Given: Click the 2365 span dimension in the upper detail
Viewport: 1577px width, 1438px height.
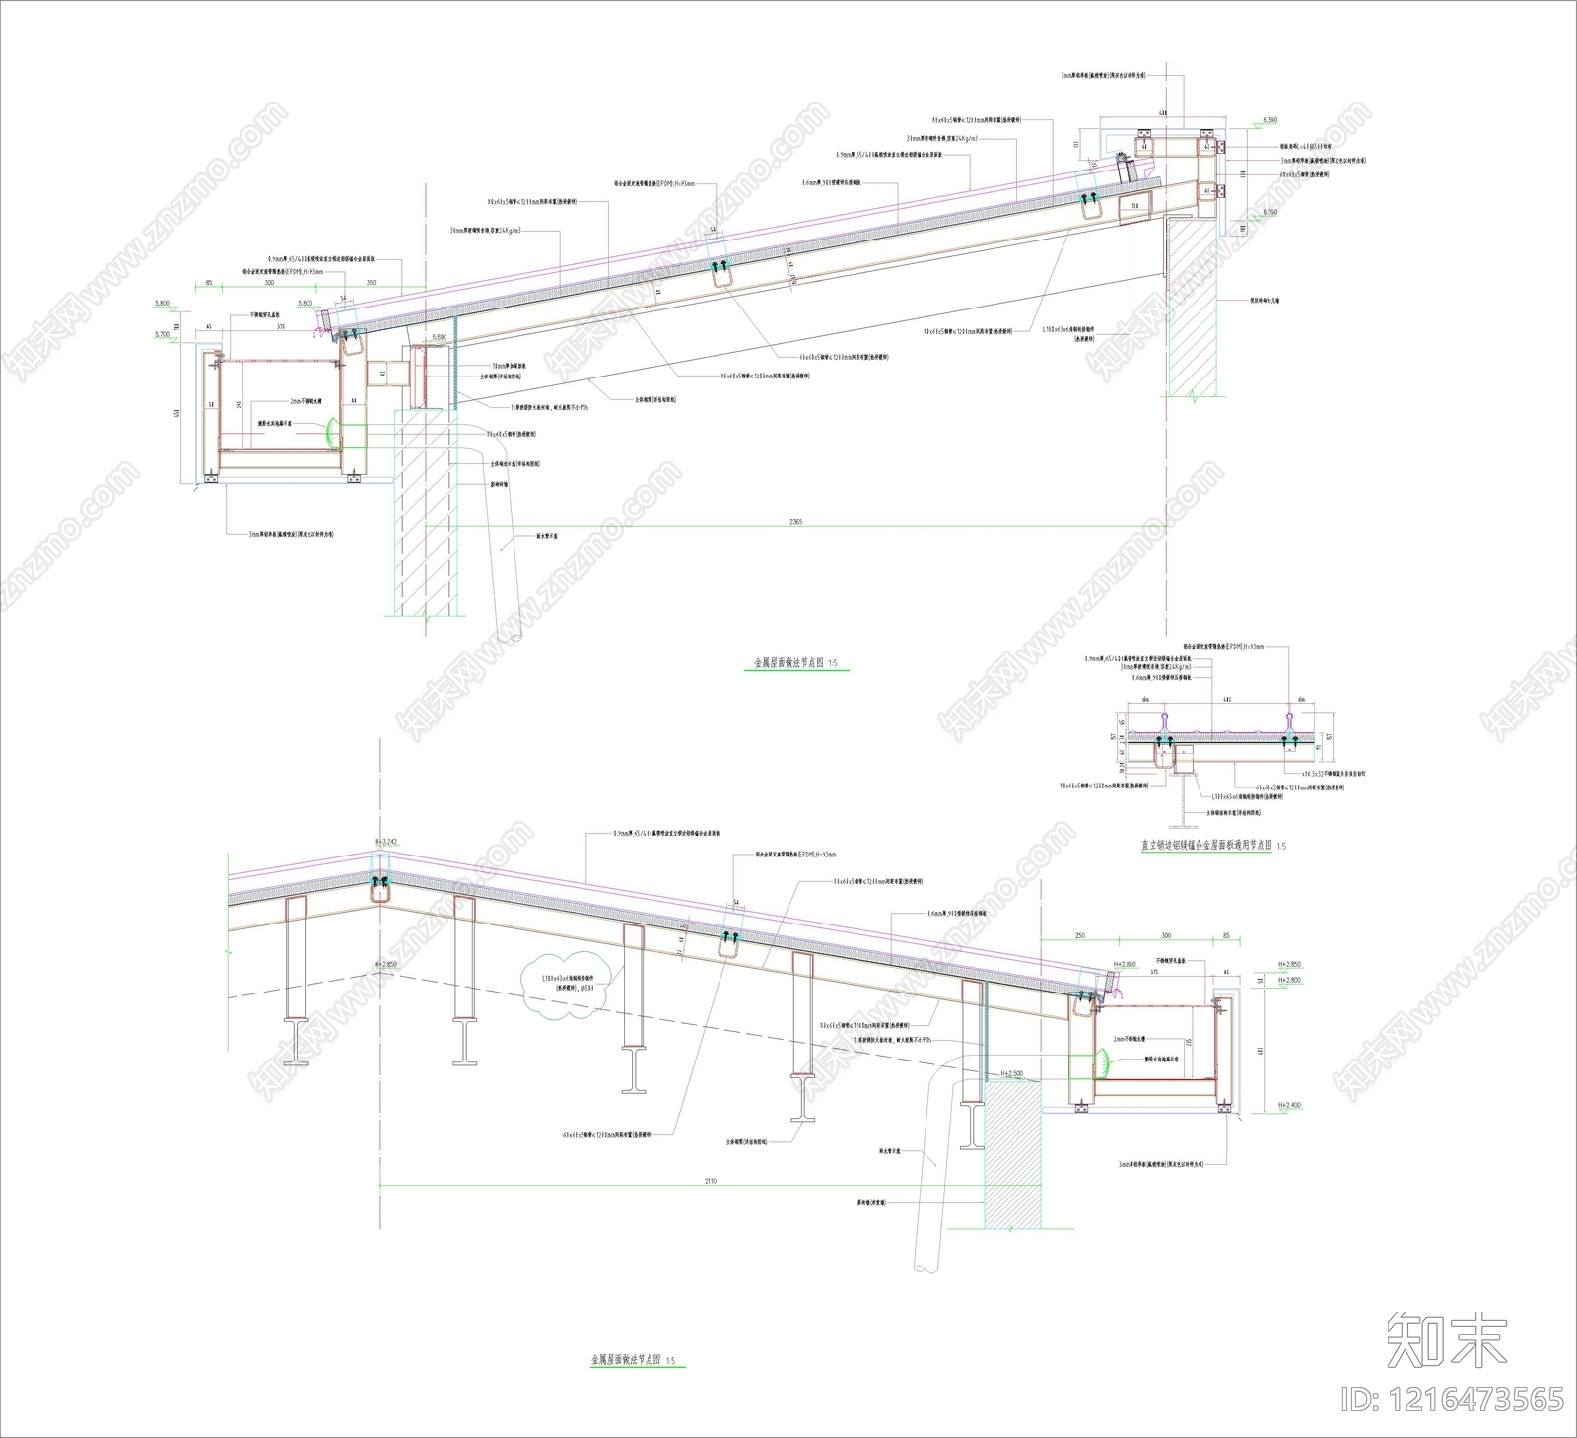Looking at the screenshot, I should pyautogui.click(x=796, y=522).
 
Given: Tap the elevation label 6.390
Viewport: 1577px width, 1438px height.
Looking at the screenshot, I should pyautogui.click(x=1269, y=120).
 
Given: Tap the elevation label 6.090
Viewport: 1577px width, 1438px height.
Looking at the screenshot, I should pyautogui.click(x=1269, y=212).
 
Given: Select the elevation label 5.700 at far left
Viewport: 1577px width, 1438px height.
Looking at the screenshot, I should pyautogui.click(x=163, y=335).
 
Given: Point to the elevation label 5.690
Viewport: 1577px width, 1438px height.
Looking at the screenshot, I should pyautogui.click(x=440, y=337).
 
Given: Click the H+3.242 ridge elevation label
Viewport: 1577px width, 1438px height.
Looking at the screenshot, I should pyautogui.click(x=385, y=842).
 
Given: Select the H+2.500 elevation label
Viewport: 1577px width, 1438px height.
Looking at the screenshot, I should pyautogui.click(x=1011, y=1073).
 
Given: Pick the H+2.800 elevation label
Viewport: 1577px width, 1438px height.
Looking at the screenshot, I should pyautogui.click(x=1289, y=981).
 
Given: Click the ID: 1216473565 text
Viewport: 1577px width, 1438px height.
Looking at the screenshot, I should pyautogui.click(x=1453, y=1399).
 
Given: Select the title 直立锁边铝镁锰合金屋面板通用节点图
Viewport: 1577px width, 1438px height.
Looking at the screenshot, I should pyautogui.click(x=1205, y=845).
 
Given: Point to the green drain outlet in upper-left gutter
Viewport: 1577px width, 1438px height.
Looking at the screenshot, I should pyautogui.click(x=332, y=431).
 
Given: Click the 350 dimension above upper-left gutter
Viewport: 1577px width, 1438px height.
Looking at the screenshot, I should pyautogui.click(x=371, y=282).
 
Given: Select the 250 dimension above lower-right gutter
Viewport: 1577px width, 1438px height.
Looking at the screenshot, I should pyautogui.click(x=1080, y=935).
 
